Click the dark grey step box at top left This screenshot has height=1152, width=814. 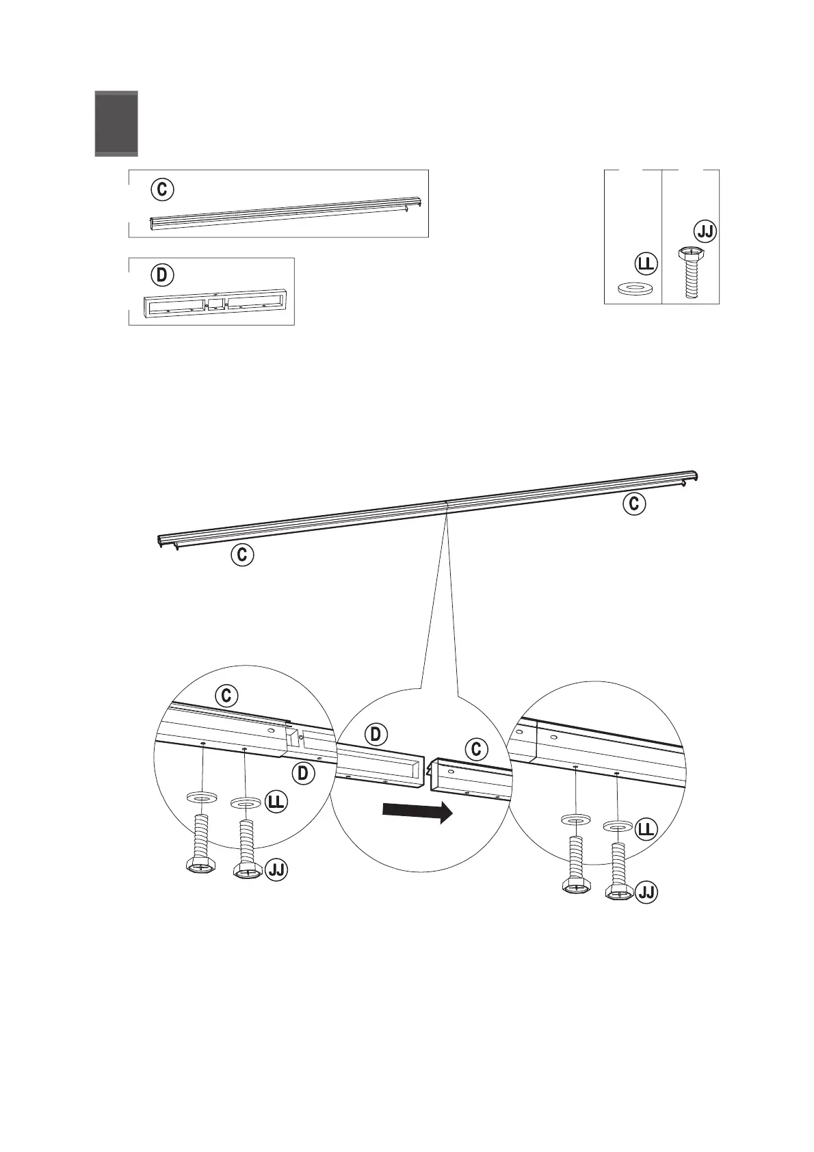tap(116, 123)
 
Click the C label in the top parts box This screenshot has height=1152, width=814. tap(162, 189)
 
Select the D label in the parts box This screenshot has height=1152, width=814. tap(162, 276)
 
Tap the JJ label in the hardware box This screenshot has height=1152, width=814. tap(705, 231)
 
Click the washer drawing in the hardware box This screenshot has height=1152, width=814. tap(634, 288)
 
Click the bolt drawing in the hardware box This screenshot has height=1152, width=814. tap(691, 272)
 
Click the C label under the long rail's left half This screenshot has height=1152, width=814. tap(241, 555)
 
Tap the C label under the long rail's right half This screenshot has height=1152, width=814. tap(634, 504)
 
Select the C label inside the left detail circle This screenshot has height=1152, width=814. tap(226, 696)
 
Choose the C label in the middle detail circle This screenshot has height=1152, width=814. tap(477, 750)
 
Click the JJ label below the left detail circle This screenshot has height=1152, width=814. tap(277, 869)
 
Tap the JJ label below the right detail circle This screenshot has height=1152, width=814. tap(646, 893)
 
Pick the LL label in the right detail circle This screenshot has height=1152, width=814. tap(646, 830)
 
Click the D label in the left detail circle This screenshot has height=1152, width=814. tap(302, 774)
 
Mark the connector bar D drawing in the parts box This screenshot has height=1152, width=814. tap(211, 305)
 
